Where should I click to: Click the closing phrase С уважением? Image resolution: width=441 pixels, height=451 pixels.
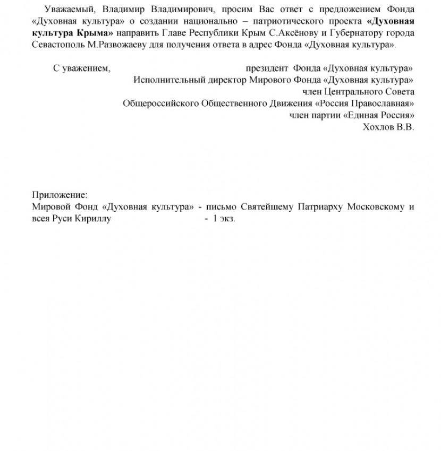(x=82, y=68)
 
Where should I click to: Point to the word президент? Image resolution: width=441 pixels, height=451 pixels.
(x=267, y=68)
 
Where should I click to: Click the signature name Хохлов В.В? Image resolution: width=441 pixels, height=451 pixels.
(x=387, y=127)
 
